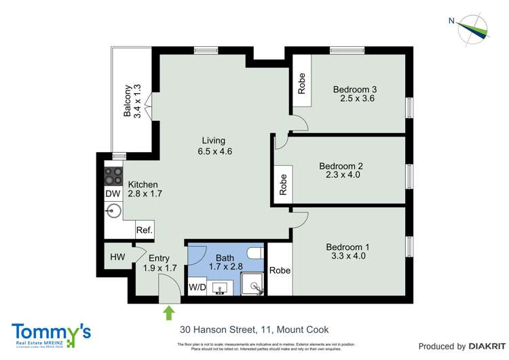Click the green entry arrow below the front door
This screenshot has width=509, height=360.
pos(168,313)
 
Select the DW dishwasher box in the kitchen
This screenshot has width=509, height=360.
pos(113,194)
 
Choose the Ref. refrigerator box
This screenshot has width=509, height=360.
pos(144,230)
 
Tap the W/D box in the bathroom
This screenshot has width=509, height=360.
pos(197,287)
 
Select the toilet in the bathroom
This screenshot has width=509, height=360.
pos(256,254)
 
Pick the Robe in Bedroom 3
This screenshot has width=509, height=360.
pos(301,84)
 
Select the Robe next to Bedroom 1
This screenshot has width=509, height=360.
pos(279,270)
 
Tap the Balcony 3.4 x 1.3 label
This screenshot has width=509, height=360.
pos(132,101)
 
